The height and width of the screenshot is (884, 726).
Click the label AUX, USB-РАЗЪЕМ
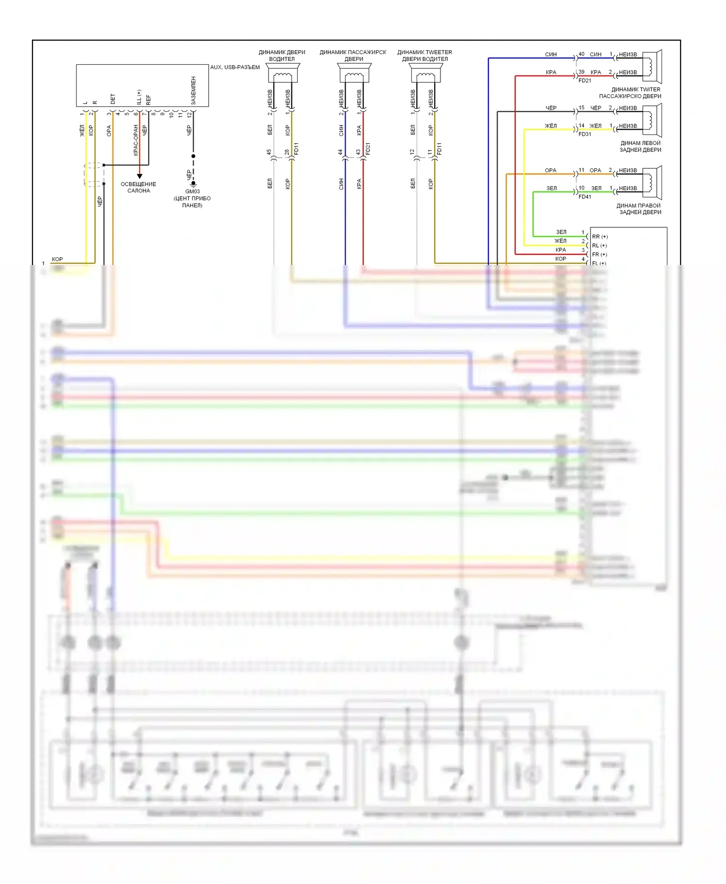235,67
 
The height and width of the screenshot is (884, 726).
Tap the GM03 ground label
193,192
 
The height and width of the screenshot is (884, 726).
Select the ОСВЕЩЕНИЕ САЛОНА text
138,188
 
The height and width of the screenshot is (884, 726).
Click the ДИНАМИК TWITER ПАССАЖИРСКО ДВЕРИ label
630,93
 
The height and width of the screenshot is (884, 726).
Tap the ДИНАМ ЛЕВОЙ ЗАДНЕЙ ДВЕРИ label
640,147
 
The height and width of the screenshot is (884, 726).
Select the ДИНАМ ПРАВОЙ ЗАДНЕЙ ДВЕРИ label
639,209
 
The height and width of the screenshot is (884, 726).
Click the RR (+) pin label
600,236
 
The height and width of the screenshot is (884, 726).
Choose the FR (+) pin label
599,254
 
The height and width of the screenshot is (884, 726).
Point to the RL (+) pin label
599,246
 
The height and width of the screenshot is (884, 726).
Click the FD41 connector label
585,197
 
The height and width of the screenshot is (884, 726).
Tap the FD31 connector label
585,134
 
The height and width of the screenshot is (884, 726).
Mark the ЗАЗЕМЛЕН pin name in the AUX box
194,90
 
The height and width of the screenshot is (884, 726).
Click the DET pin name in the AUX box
113,99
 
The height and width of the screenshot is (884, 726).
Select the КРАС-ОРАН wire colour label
136,140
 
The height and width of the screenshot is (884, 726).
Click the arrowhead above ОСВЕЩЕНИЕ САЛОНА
139,176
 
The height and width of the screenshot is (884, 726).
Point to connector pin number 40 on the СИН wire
581,54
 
